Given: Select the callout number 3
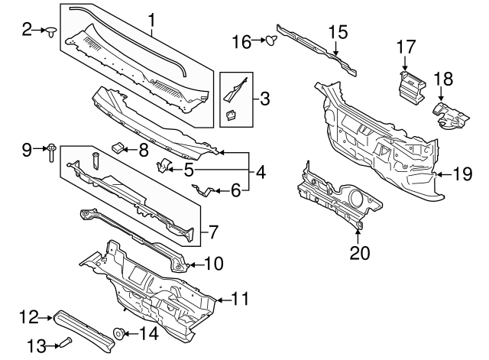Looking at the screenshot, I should (x=264, y=99).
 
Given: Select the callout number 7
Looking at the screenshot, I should (x=214, y=230).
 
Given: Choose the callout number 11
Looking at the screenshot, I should (x=240, y=299).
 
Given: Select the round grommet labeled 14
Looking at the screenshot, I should (x=119, y=333).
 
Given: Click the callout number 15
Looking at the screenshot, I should (x=338, y=32).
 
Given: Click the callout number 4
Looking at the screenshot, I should (x=261, y=174).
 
